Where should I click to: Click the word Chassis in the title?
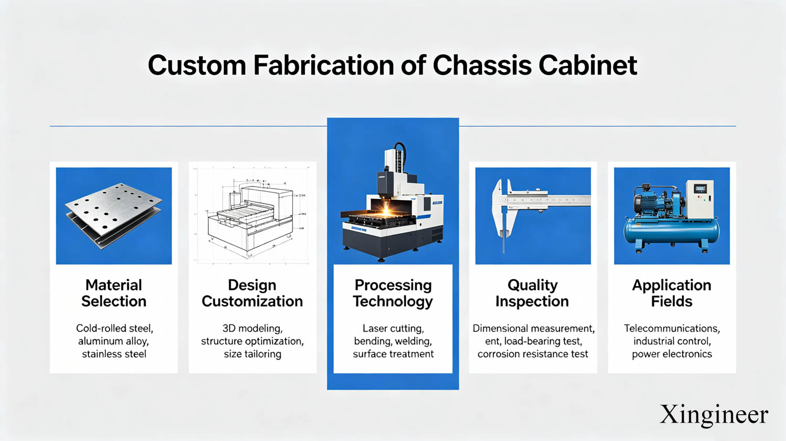click(482, 65)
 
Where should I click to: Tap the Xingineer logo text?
click(714, 415)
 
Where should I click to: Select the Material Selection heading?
click(114, 293)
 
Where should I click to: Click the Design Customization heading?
click(252, 293)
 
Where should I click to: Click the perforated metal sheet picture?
click(113, 215)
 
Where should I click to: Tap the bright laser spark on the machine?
click(386, 210)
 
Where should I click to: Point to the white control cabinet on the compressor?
click(700, 199)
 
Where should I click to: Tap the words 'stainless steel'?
click(114, 354)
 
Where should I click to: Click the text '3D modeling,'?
click(252, 329)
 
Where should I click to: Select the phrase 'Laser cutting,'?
click(393, 329)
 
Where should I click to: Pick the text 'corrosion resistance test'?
click(533, 354)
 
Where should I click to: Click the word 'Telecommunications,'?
click(672, 328)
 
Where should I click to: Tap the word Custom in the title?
click(197, 65)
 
